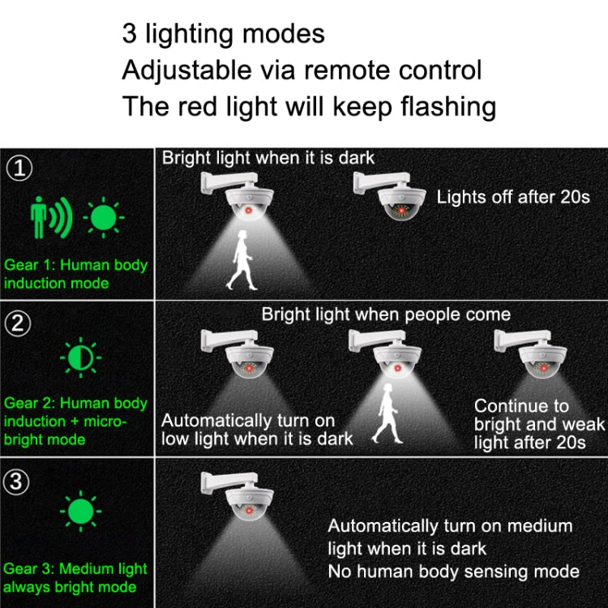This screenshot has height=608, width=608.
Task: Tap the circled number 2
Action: click(x=19, y=323)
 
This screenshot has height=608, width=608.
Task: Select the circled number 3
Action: click(x=19, y=482)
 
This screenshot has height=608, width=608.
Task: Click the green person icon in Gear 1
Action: click(x=39, y=217)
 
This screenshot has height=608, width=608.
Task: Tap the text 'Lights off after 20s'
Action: click(x=513, y=196)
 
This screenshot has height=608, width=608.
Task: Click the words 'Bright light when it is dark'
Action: click(x=268, y=158)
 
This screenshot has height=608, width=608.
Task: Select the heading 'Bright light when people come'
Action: click(x=386, y=314)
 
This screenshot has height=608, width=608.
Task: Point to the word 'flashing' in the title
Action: click(x=439, y=106)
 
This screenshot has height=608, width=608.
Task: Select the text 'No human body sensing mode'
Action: click(x=453, y=572)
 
